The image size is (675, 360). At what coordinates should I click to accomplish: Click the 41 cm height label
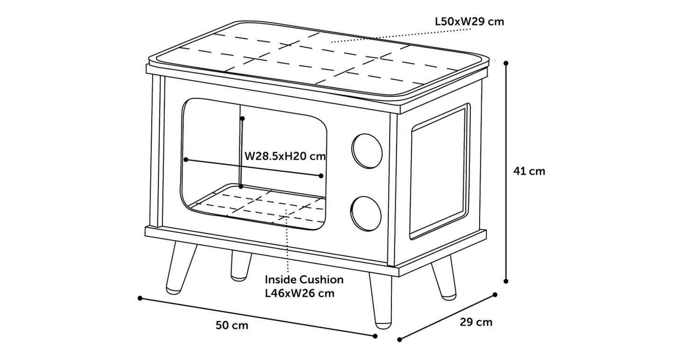pyautogui.click(x=529, y=171)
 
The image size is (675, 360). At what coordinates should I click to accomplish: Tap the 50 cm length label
pyautogui.click(x=232, y=325)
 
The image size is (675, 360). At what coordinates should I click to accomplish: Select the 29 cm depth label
pyautogui.click(x=476, y=322)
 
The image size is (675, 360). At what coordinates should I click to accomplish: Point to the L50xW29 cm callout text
pyautogui.click(x=469, y=21)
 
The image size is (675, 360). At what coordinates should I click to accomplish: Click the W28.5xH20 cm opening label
pyautogui.click(x=285, y=155)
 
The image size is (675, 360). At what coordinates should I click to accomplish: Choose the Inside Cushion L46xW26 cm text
pyautogui.click(x=304, y=286)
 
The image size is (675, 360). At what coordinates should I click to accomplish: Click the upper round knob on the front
pyautogui.click(x=367, y=152)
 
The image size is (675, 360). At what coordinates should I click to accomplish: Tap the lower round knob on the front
pyautogui.click(x=367, y=212)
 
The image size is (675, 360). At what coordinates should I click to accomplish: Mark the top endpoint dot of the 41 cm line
pyautogui.click(x=506, y=62)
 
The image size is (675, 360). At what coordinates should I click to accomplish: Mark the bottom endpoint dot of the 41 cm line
pyautogui.click(x=506, y=281)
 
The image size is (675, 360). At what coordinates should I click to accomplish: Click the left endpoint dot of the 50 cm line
pyautogui.click(x=140, y=297)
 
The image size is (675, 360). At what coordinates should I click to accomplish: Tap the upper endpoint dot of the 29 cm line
pyautogui.click(x=495, y=295)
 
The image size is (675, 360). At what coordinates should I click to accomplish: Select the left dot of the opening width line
pyautogui.click(x=186, y=160)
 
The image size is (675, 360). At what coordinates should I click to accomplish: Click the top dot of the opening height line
pyautogui.click(x=242, y=119)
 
